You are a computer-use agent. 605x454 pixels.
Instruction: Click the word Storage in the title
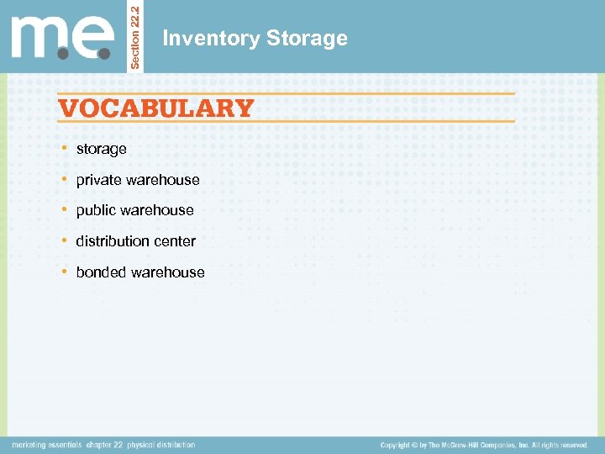pyautogui.click(x=306, y=39)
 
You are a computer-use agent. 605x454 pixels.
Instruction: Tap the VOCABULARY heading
pyautogui.click(x=155, y=108)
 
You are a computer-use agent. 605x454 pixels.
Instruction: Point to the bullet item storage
pyautogui.click(x=101, y=149)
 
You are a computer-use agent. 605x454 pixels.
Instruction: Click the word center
pyautogui.click(x=176, y=241)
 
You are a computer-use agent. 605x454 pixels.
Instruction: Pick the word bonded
pyautogui.click(x=99, y=272)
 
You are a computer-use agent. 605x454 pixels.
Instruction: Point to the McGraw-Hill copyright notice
pyautogui.click(x=484, y=445)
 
